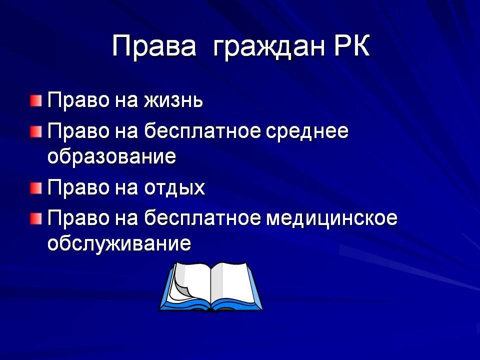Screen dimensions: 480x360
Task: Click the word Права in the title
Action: (154, 46)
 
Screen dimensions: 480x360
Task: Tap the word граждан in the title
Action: (268, 48)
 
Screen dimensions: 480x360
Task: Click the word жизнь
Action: (173, 100)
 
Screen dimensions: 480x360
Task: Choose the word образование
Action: (111, 156)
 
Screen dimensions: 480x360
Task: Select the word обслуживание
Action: (119, 243)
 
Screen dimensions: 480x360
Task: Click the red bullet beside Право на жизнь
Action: (36, 100)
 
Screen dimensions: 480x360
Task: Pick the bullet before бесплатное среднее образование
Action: (36, 132)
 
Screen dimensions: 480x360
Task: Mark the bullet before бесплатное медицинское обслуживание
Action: (36, 218)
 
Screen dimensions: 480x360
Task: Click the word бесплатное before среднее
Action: (202, 131)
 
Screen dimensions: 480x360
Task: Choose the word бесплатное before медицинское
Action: (202, 218)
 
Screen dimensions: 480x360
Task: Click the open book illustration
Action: (210, 286)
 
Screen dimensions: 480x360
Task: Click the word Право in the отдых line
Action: (78, 187)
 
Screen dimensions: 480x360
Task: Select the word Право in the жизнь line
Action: (78, 100)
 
